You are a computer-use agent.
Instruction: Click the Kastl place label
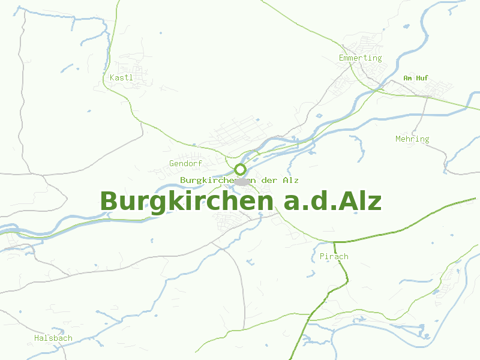[121, 77]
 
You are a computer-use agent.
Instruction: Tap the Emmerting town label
[360, 58]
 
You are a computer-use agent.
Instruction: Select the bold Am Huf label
[416, 78]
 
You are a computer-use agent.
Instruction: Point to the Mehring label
[412, 139]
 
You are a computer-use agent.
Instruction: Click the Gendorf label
[185, 163]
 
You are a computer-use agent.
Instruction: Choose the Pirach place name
[334, 256]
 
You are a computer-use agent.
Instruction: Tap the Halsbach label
[53, 338]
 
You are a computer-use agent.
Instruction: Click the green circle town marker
[240, 169]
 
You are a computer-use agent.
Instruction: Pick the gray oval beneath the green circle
[241, 181]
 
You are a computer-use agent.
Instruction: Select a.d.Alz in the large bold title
[332, 201]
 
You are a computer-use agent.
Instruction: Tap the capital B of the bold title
[110, 201]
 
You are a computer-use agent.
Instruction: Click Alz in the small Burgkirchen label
[291, 180]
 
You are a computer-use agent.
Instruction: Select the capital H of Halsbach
[37, 338]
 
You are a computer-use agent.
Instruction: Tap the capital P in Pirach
[323, 256]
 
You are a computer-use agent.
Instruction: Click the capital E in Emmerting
[341, 58]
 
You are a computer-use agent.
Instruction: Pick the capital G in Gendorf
[172, 163]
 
